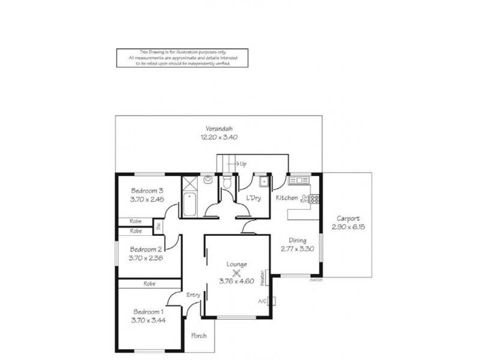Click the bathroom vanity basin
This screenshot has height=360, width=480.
(208, 179)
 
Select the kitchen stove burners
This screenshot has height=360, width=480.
(313, 198)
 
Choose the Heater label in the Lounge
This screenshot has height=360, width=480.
(263, 277)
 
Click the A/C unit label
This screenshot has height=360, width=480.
(262, 301)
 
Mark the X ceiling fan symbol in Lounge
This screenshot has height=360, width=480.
(228, 272)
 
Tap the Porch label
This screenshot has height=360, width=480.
(199, 335)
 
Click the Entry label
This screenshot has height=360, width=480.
(193, 295)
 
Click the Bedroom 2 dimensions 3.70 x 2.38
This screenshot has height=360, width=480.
(146, 258)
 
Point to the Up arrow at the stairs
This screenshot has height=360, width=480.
(240, 163)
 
